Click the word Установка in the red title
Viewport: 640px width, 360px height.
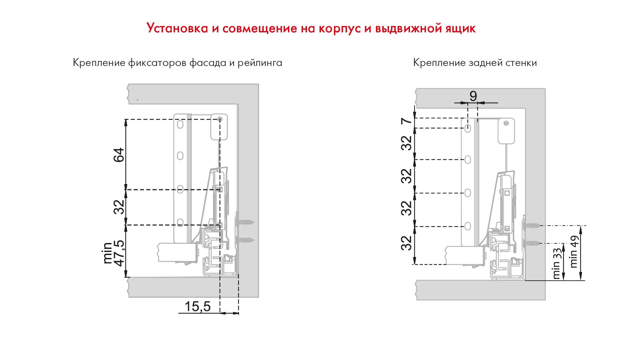coord(177,28)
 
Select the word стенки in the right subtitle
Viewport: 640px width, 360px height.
coord(521,63)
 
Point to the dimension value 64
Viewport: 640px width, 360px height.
coord(119,155)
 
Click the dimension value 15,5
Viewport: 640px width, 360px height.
coord(198,307)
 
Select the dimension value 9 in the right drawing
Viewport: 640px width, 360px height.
coord(473,96)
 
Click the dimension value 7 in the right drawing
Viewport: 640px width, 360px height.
coord(406,121)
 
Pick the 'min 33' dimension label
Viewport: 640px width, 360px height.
coord(557,263)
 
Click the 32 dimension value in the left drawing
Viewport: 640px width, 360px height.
coord(119,207)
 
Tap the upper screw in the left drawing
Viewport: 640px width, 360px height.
coord(245,222)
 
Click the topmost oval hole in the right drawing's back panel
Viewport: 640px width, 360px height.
coord(468,128)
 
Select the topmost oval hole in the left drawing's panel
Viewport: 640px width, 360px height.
coord(180,125)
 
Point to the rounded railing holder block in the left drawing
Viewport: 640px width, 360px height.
coord(219,127)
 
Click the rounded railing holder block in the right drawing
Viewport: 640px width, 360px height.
coord(506,131)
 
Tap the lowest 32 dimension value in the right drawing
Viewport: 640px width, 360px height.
coord(406,243)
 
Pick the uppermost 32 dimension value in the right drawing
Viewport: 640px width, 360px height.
coord(406,143)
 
